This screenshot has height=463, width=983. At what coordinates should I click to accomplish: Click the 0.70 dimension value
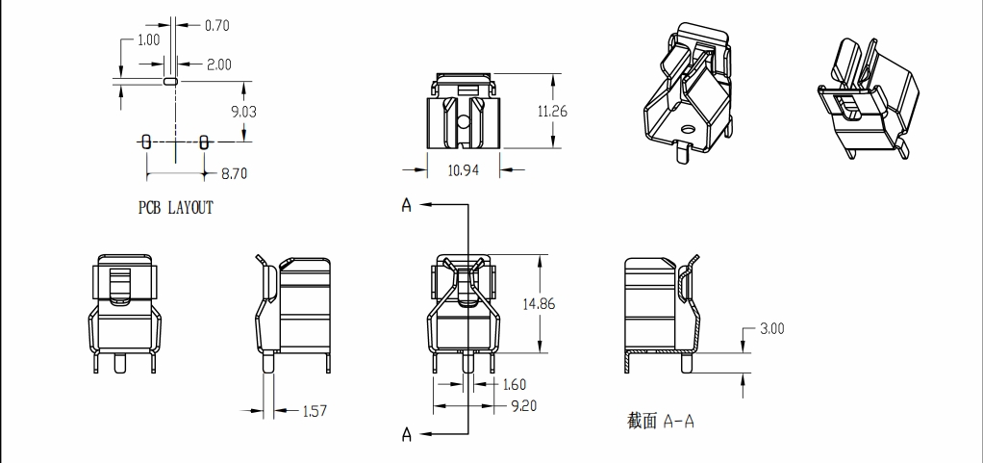pos(216,25)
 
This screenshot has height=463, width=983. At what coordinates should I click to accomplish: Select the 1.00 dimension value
pos(149,39)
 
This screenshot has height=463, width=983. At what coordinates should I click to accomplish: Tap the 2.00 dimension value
pos(218,64)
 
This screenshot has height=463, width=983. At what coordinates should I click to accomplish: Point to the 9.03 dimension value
pos(243,112)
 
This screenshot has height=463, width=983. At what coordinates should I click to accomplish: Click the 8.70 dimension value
pos(234,174)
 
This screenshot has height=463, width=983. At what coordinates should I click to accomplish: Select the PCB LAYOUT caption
pos(176,207)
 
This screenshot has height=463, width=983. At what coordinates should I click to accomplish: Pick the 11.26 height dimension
pos(552,112)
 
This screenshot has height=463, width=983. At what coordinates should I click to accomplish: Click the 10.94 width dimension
pos(464,170)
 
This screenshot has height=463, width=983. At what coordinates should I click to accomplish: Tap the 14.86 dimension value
pos(539,304)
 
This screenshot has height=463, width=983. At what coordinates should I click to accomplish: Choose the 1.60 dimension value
pos(515,385)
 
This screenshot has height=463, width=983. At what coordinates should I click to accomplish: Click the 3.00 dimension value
pos(771,328)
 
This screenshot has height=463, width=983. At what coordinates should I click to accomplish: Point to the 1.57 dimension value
pos(315,411)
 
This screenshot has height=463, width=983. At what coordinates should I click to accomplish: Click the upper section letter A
pos(407,206)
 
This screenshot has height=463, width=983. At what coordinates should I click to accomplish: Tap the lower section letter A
pos(407,435)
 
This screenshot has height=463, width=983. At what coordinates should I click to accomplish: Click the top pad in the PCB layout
pos(171,83)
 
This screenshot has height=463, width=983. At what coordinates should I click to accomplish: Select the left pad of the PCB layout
pos(146,141)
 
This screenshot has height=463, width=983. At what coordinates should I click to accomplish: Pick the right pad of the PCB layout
pos(204,141)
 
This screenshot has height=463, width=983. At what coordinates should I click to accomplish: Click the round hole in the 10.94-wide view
pos(464,122)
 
